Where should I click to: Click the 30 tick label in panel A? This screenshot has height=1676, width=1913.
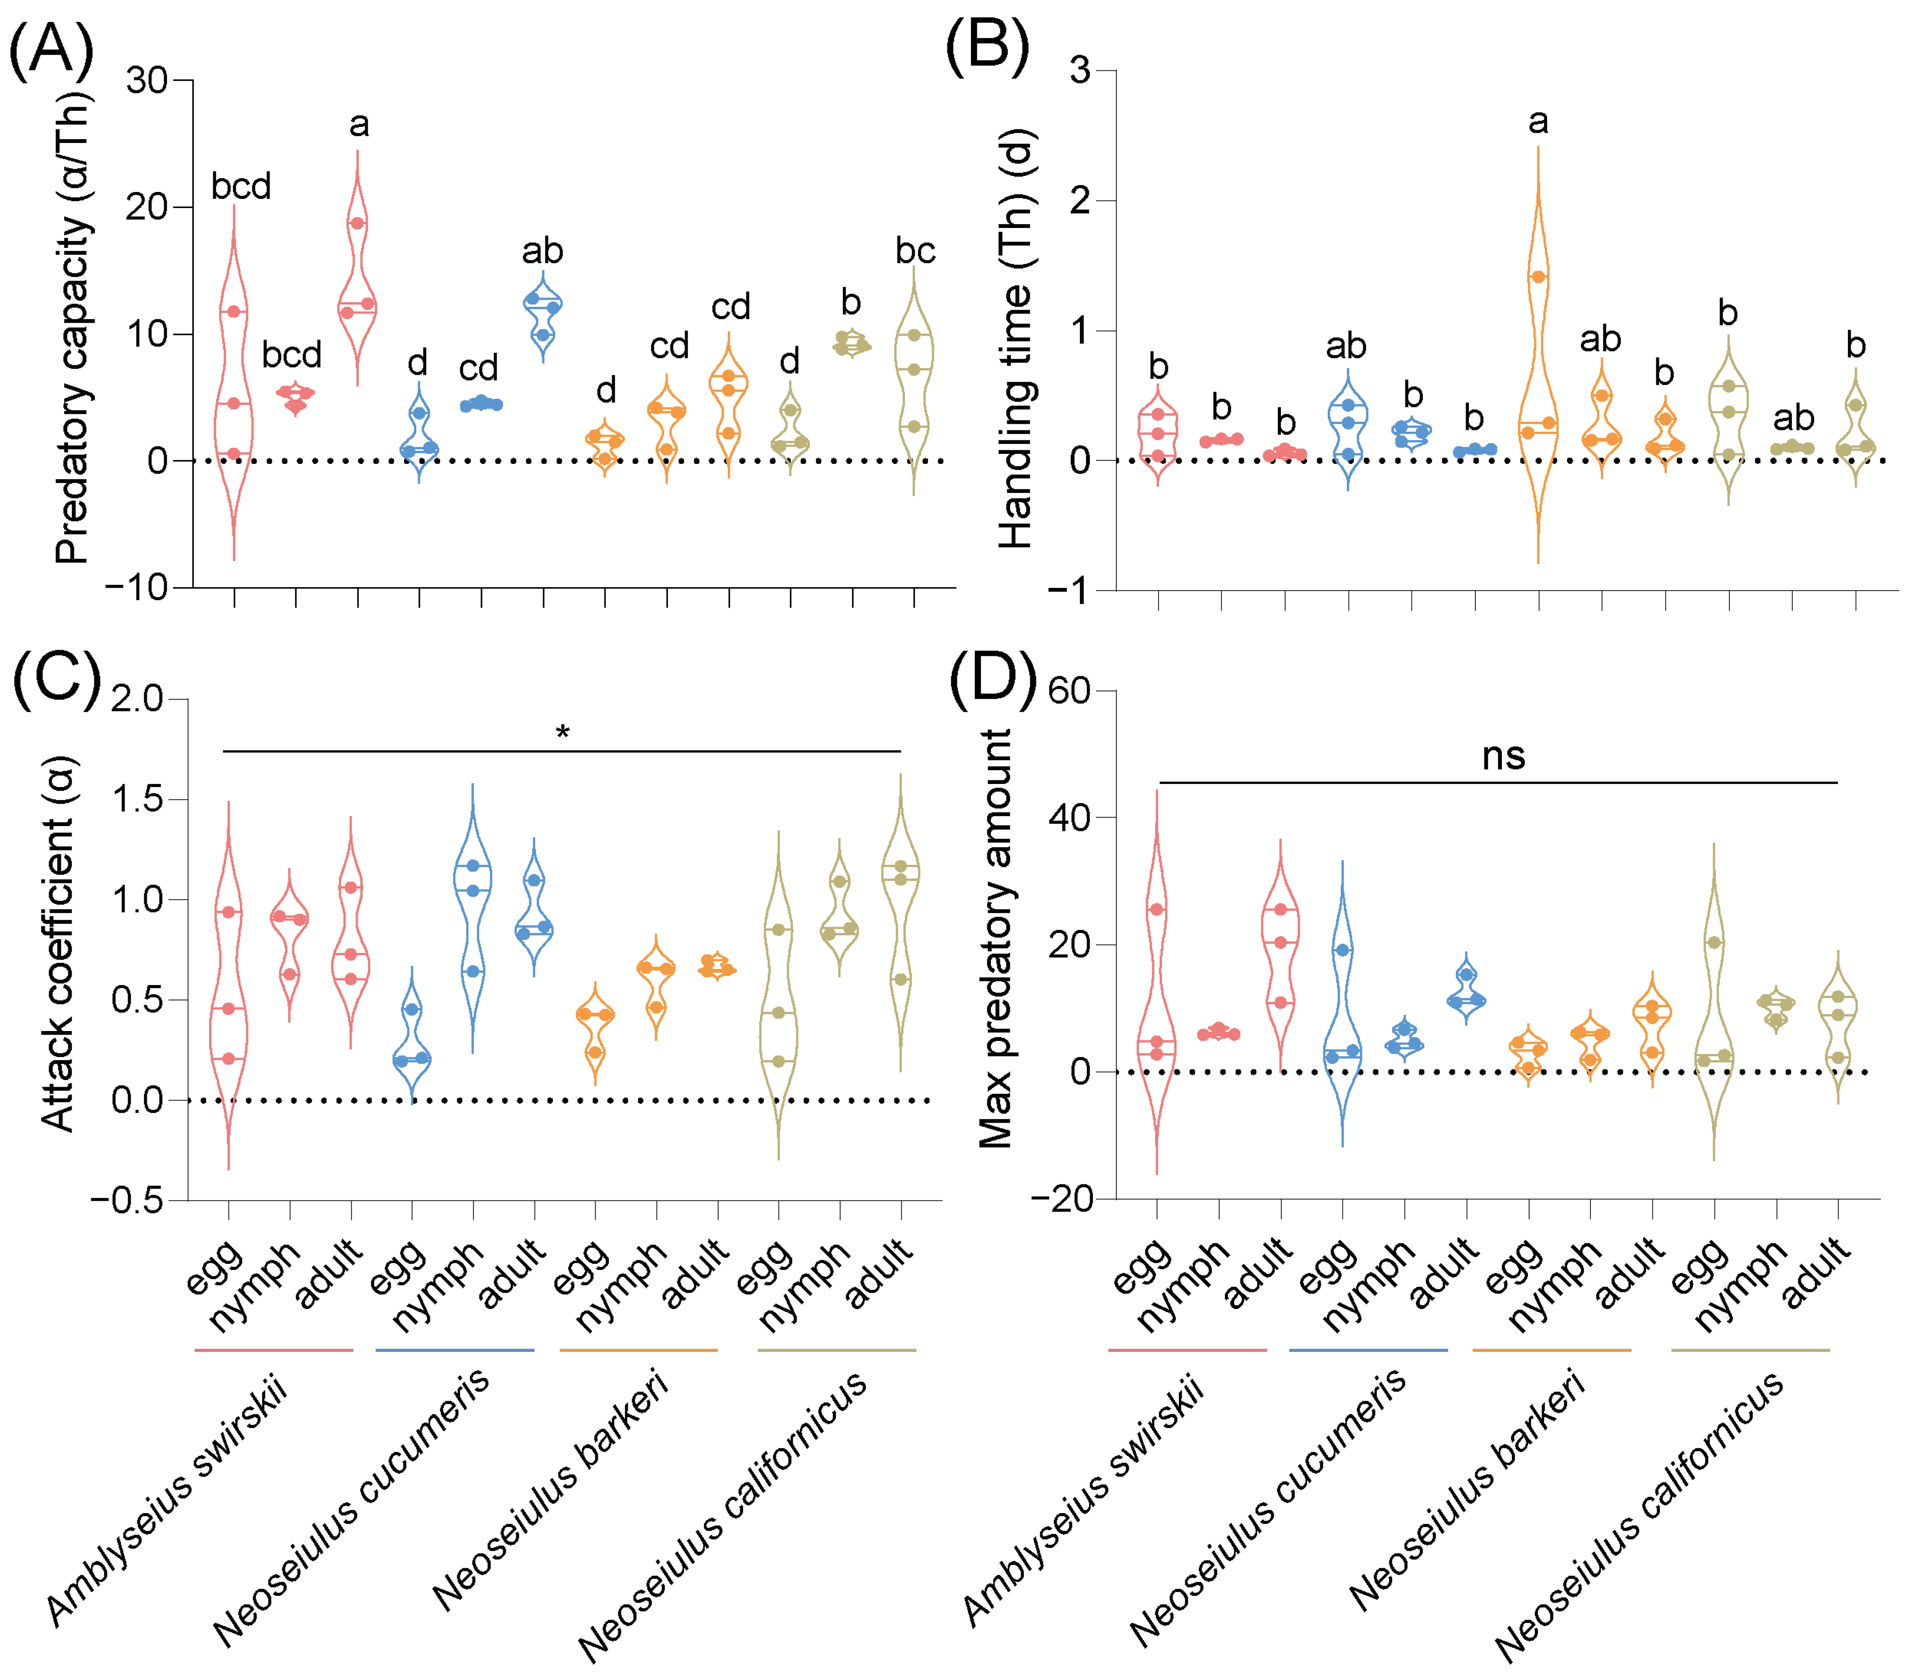coord(147,81)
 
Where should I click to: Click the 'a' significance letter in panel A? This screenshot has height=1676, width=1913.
coord(359,124)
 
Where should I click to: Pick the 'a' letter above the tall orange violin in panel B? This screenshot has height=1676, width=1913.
coord(1538,122)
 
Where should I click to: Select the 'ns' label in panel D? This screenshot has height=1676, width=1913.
coord(1504,756)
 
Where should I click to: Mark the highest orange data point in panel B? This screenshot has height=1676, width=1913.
coord(1538,277)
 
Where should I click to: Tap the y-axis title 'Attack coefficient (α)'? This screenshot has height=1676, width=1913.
coord(58,945)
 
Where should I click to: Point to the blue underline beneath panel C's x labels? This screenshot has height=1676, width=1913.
coord(455,1349)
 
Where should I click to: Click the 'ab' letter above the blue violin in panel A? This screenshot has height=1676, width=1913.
coord(542,251)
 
